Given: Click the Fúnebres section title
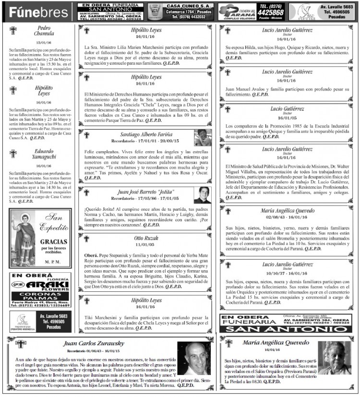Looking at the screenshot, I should coord(38,12).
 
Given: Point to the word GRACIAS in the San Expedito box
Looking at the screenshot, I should coord(53,241).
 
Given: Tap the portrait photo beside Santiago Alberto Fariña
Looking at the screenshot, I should coord(203,138).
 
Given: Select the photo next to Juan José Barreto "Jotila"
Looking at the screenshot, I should coord(202,195).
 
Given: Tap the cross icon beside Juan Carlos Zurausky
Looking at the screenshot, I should coord(20,344).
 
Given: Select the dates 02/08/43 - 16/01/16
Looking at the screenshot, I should coord(288,217).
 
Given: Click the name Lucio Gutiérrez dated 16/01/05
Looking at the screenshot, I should coord(288,109).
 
